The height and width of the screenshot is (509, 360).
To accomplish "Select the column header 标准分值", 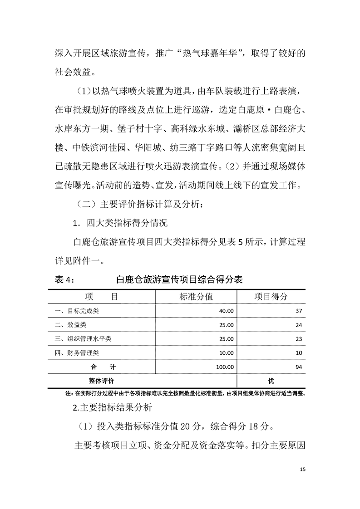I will click(196, 297).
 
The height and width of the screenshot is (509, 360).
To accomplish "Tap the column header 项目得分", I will click(271, 297).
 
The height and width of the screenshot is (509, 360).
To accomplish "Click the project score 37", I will click(298, 311).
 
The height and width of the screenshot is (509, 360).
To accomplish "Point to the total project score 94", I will click(298, 367).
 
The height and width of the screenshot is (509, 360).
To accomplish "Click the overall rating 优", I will click(271, 381).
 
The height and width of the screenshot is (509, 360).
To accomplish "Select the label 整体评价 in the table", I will click(102, 381).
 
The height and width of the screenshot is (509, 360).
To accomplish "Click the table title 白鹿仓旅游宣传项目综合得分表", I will click(179, 279).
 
